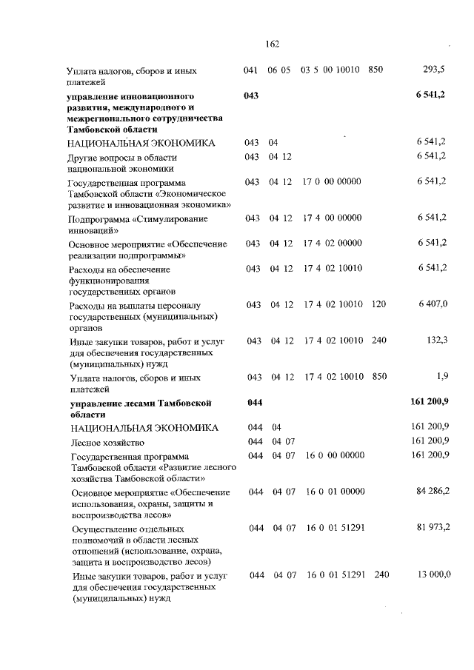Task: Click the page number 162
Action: click(270, 44)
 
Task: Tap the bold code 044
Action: click(253, 403)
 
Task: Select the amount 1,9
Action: click(442, 377)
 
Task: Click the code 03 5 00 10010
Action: click(330, 70)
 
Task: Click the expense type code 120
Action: click(379, 304)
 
